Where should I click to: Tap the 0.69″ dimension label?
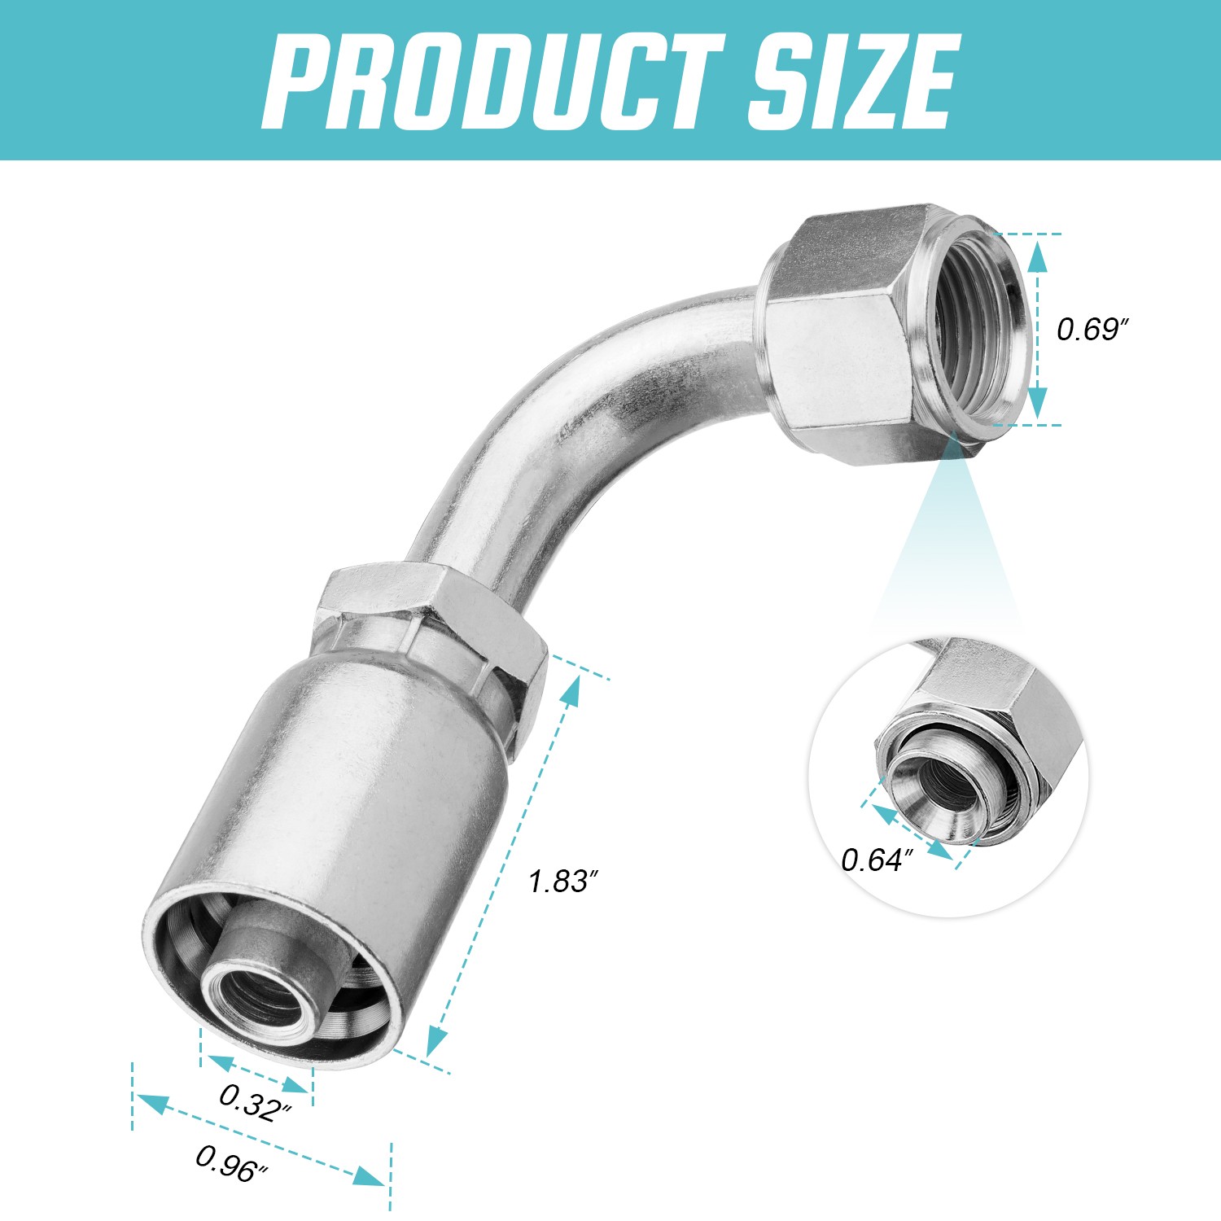point(1092,330)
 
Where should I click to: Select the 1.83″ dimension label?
point(563,882)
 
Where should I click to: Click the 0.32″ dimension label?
point(255,1102)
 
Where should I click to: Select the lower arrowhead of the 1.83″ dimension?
point(437,1039)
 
